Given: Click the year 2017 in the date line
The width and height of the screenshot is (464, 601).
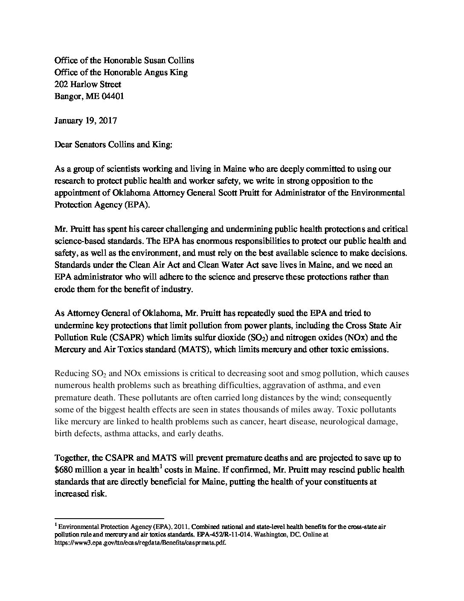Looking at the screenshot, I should click(x=107, y=120).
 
